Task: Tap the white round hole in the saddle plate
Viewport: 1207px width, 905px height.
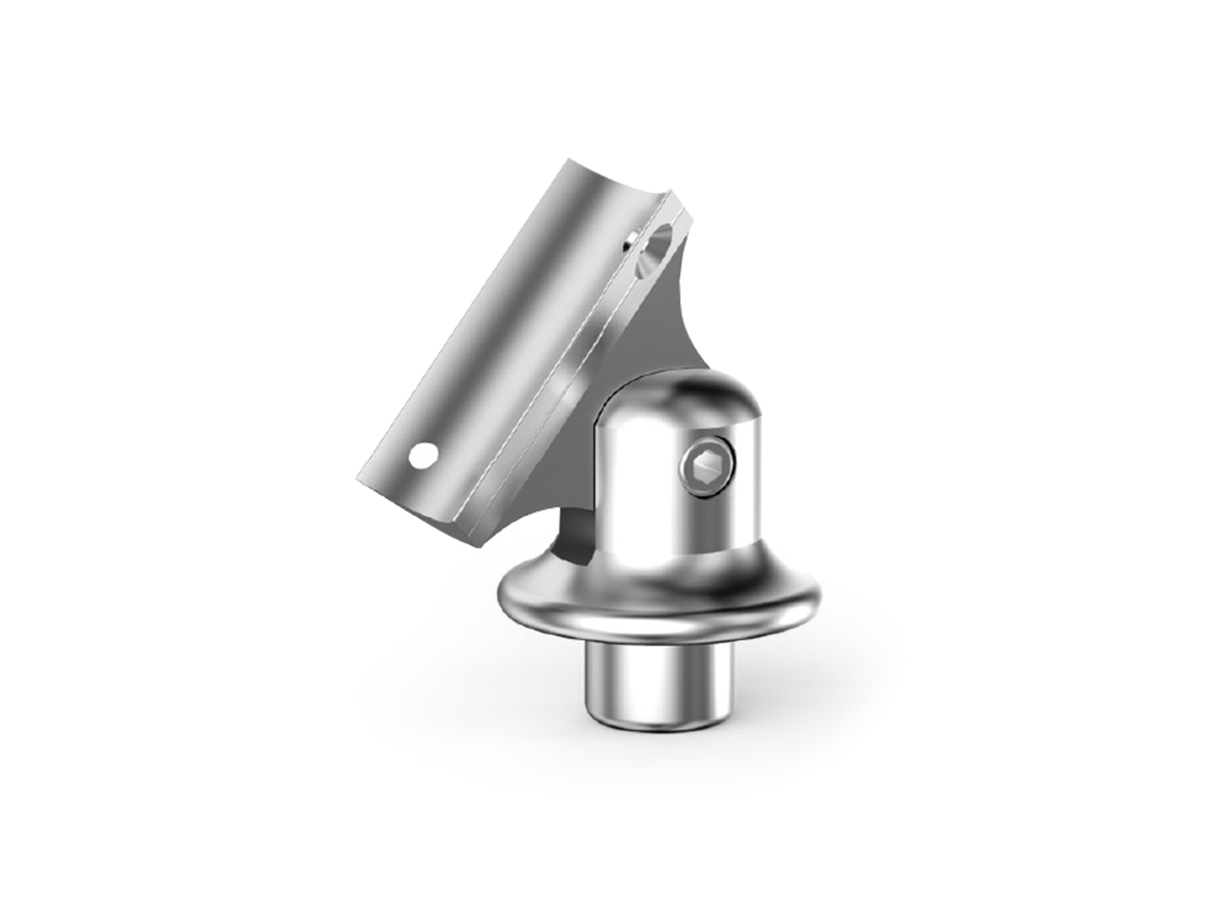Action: pyautogui.click(x=422, y=456)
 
